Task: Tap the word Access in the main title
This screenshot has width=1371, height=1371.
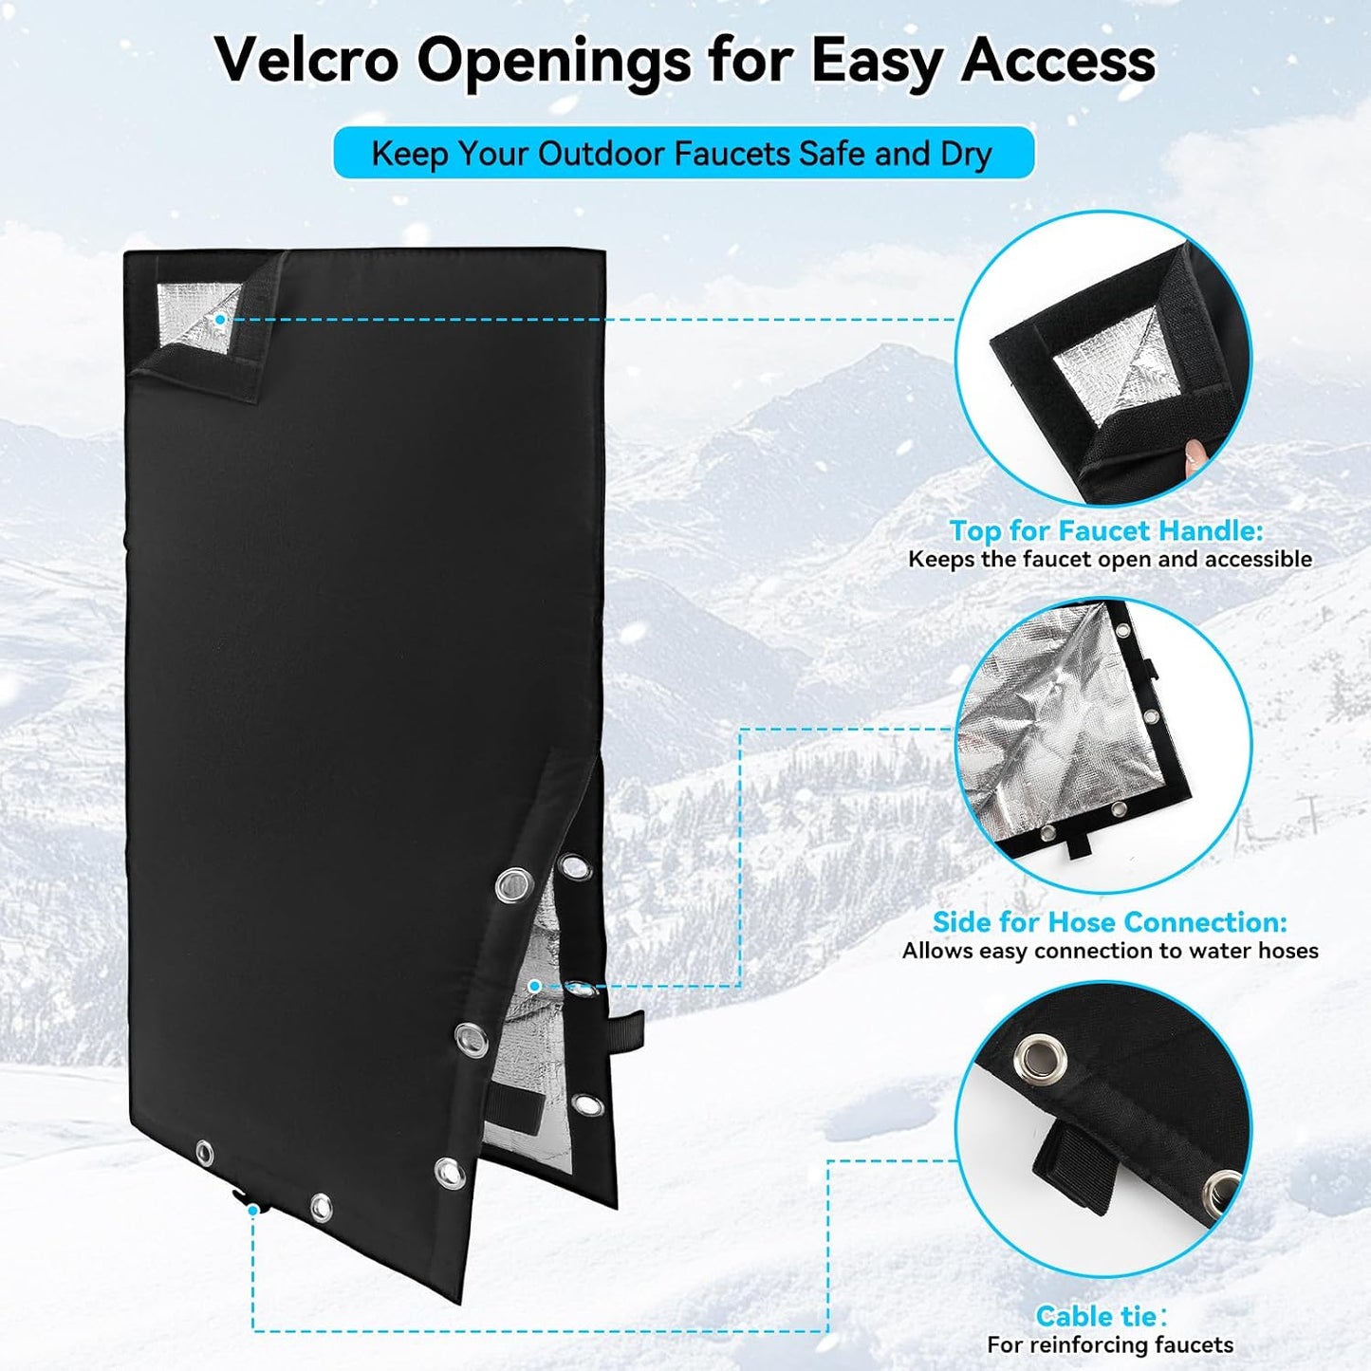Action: tap(1058, 61)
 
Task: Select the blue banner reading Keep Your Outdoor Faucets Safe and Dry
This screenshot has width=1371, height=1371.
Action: tap(683, 152)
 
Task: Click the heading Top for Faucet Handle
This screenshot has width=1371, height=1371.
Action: tap(1107, 530)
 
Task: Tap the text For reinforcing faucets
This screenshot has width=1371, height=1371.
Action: tap(1110, 1344)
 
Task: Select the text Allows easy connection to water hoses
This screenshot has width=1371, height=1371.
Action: tap(1110, 951)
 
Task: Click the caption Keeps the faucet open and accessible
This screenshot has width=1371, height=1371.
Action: tap(1110, 559)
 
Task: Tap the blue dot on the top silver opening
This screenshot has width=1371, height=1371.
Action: tap(220, 320)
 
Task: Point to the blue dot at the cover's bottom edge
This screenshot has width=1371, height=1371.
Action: tap(252, 1208)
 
